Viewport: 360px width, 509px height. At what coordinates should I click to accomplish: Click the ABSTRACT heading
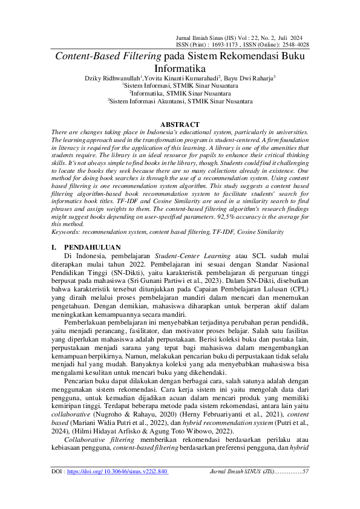(179, 125)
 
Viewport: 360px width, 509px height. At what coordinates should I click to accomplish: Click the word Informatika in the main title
(180, 68)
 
